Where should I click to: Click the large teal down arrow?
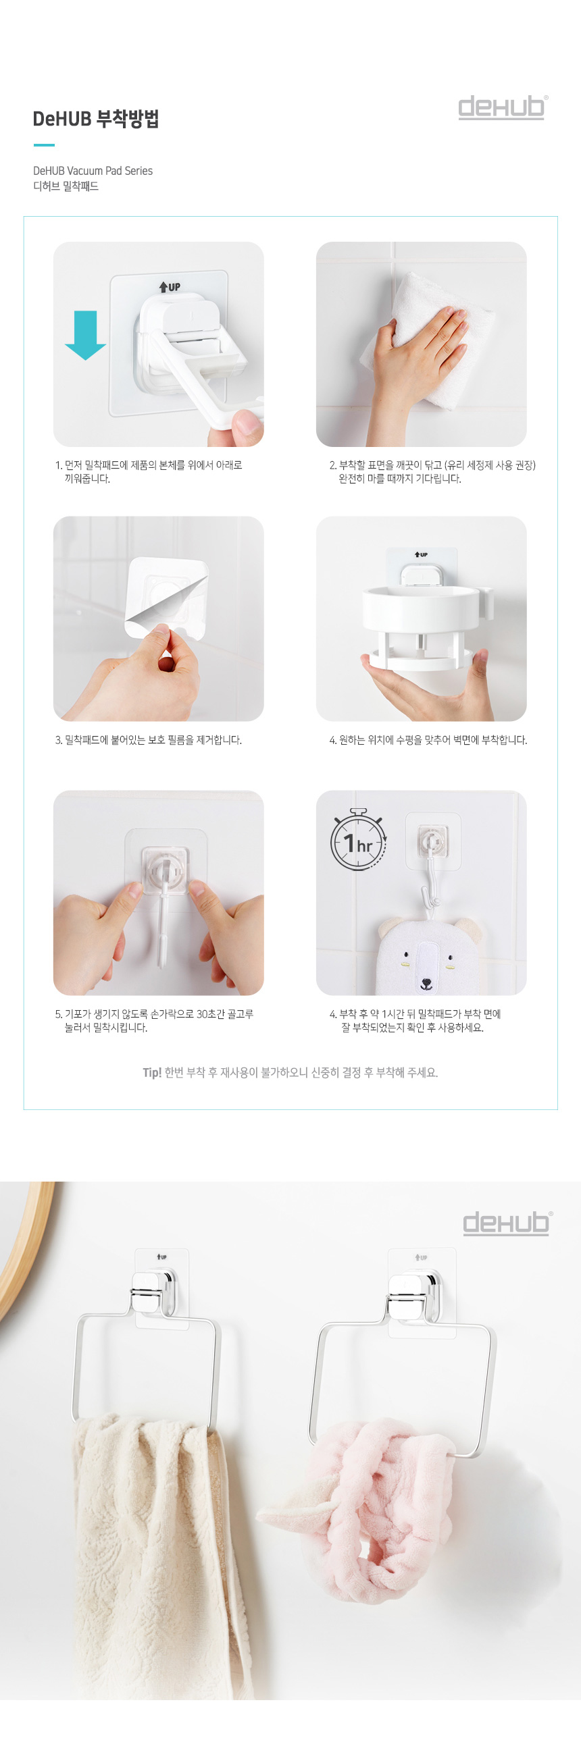(x=85, y=335)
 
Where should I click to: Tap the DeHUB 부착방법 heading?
(x=96, y=119)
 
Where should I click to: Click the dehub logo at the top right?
(x=503, y=107)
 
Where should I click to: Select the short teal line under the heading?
(x=44, y=144)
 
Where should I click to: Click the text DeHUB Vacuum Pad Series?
(x=93, y=171)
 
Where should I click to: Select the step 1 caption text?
(x=149, y=472)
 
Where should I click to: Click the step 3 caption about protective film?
(x=148, y=740)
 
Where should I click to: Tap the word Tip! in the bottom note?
(x=151, y=1072)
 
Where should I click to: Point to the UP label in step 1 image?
(x=170, y=287)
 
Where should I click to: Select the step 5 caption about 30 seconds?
(x=154, y=1020)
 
